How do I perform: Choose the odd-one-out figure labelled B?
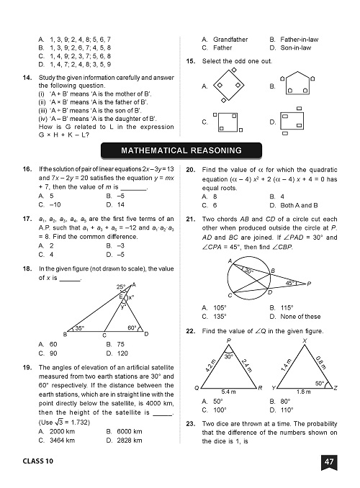pos(305,85)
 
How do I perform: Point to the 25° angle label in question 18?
pos(122,287)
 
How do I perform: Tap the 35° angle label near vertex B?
pos(80,328)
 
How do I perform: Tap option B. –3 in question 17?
pos(115,245)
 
